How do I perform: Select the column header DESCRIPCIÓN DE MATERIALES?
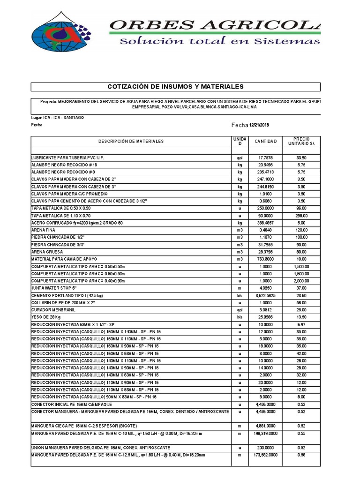(x=131, y=141)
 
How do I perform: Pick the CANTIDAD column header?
(x=266, y=141)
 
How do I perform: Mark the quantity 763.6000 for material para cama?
(x=266, y=259)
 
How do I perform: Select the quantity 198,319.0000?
(x=266, y=434)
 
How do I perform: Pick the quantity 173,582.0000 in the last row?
(x=266, y=455)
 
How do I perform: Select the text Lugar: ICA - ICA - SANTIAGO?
(x=58, y=118)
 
